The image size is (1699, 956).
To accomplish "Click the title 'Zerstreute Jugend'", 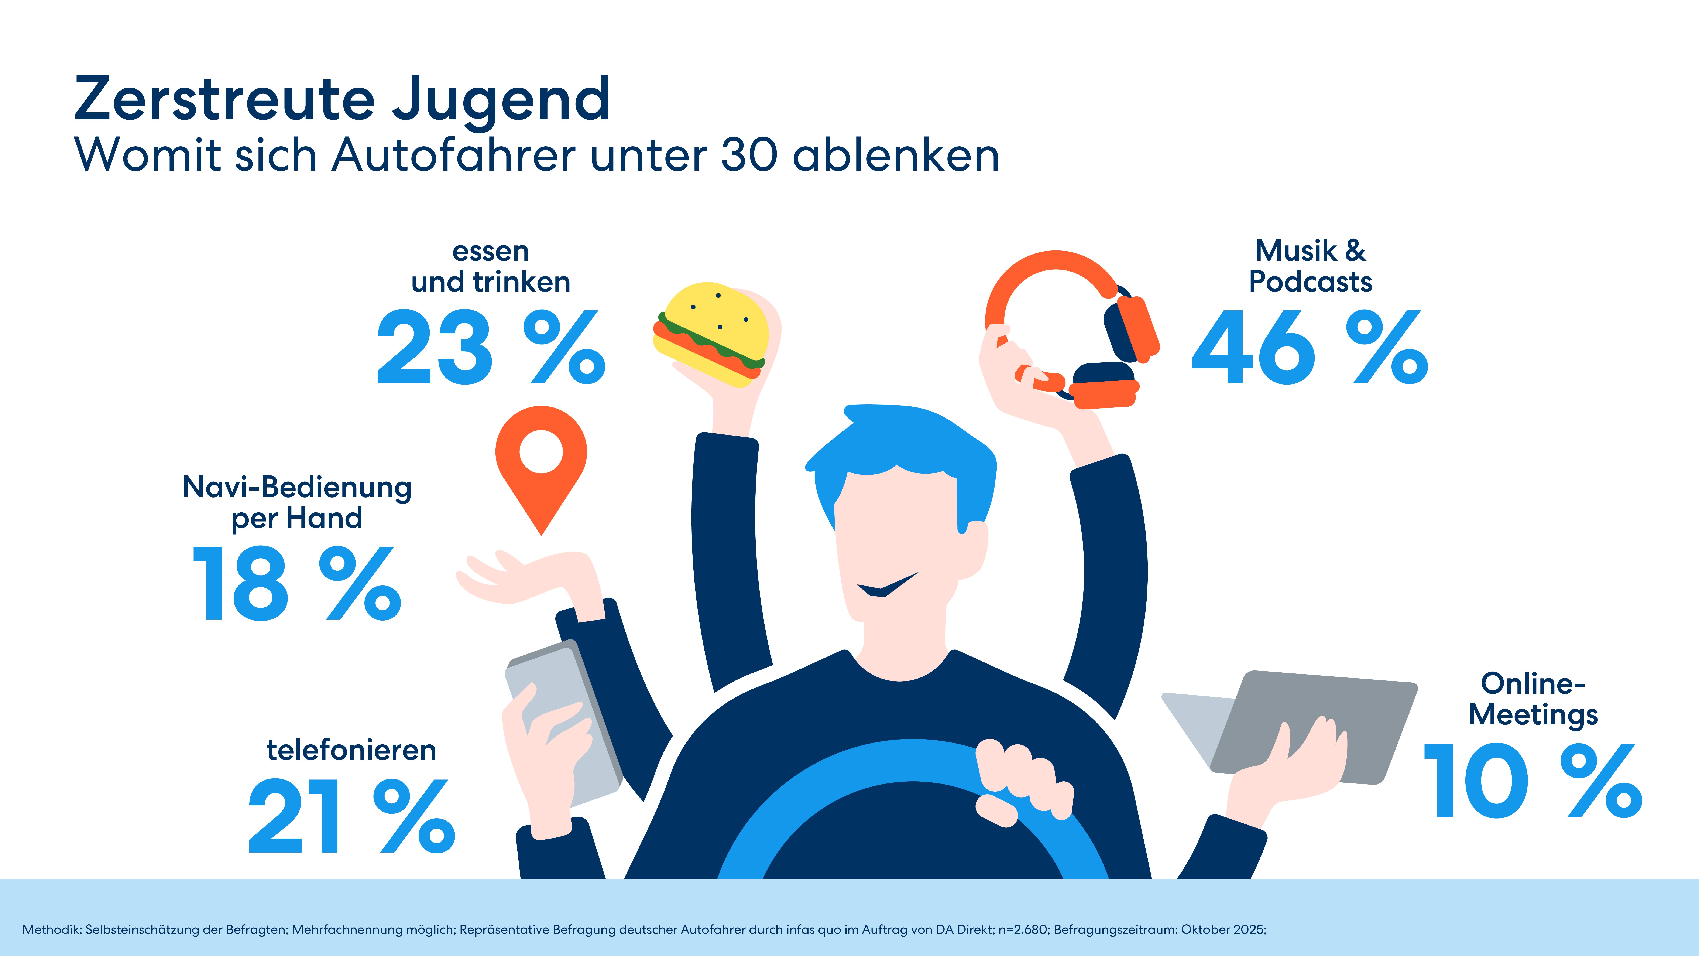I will [x=342, y=99].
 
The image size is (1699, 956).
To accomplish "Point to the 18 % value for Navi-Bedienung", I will [x=296, y=584].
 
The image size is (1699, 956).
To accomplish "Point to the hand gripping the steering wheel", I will [x=1022, y=782].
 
